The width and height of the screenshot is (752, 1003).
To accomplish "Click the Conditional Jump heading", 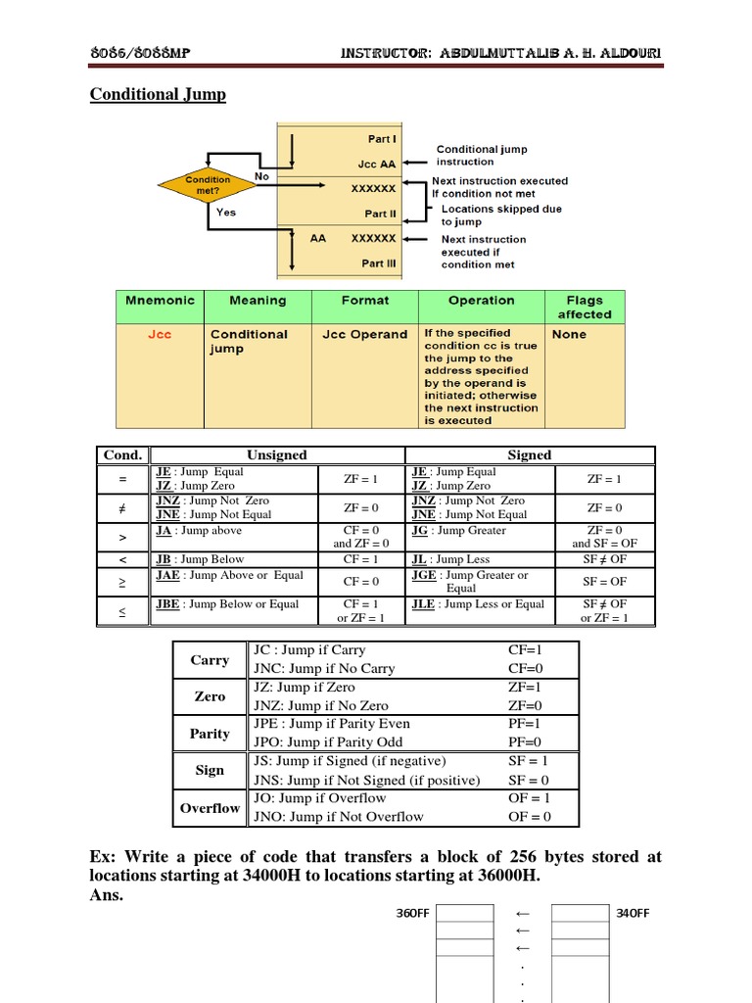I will [158, 95].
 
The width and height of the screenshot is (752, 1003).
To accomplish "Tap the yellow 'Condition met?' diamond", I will [208, 185].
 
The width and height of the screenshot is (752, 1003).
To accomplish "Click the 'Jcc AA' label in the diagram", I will [377, 164].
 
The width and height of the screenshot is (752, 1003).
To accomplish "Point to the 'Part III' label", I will [379, 263].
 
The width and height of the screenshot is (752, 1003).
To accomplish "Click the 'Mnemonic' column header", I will [161, 301].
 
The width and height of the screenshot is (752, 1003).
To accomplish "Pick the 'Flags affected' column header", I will [585, 308].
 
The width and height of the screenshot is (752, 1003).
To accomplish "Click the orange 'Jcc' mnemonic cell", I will [160, 335].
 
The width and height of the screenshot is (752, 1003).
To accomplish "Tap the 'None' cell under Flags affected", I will [569, 335].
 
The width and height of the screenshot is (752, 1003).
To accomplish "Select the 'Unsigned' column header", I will [277, 455].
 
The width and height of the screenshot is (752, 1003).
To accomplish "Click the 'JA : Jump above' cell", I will [199, 531].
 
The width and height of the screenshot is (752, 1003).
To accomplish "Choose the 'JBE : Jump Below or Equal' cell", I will [227, 604].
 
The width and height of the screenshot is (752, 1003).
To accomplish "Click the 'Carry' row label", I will [210, 660].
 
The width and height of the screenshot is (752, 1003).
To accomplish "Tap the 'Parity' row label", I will [210, 734].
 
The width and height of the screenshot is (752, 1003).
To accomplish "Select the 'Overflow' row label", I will [210, 808].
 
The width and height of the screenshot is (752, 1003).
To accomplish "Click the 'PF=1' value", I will [524, 724].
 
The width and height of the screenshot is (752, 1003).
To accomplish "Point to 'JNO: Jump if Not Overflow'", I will [339, 817].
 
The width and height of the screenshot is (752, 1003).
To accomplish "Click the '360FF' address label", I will [412, 914].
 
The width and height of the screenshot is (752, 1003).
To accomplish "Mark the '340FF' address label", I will [633, 914].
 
